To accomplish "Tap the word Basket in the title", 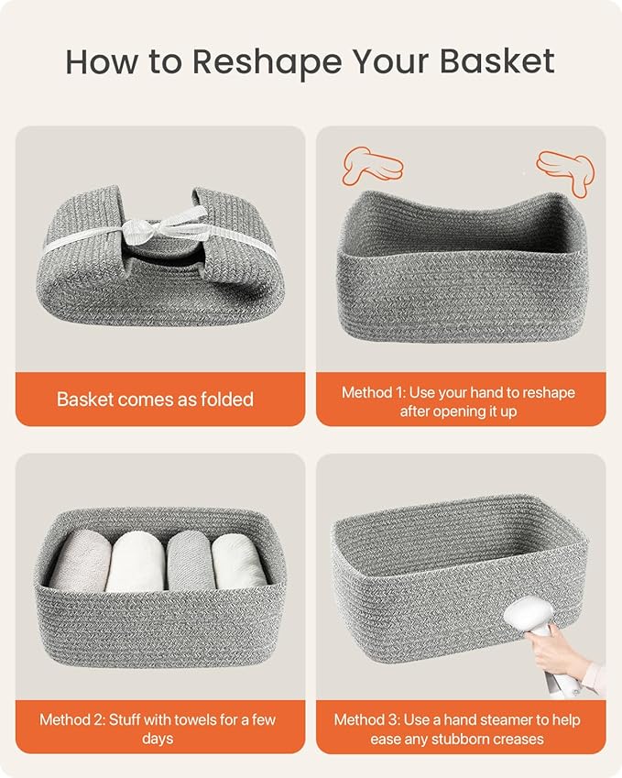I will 497,61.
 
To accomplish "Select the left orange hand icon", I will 371,166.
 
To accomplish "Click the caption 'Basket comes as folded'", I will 155,399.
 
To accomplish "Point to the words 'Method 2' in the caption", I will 71,719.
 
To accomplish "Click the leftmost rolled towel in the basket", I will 80,563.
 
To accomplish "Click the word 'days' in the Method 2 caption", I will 158,739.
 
